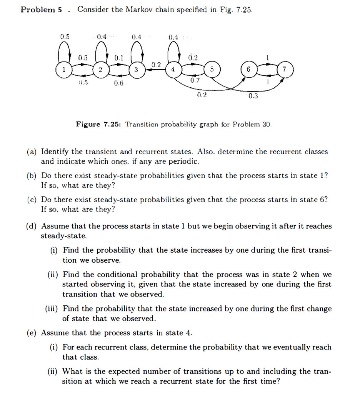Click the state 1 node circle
(64, 70)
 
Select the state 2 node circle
(100, 70)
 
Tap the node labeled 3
(136, 70)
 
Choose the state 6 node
(248, 70)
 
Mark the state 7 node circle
(285, 70)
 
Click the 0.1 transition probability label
(119, 58)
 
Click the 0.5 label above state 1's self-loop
(65, 37)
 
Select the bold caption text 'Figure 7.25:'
(99, 124)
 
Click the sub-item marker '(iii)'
(53, 309)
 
